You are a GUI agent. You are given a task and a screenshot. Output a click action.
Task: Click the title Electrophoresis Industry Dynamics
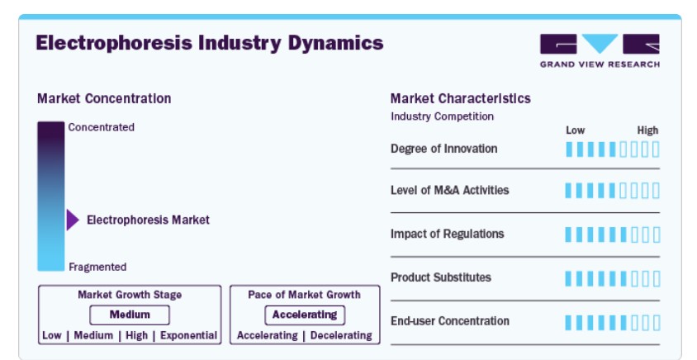coord(210,44)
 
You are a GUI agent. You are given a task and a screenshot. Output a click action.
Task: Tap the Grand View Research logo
coord(600,50)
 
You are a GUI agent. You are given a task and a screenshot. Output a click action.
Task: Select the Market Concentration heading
coord(104,98)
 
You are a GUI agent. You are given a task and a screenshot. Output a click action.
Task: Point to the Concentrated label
coord(101,127)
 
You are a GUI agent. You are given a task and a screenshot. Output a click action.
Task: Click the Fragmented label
coord(97,267)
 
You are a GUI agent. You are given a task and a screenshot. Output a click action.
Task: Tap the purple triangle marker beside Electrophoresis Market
coord(73,220)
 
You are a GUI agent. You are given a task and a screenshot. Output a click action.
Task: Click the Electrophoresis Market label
coord(148,220)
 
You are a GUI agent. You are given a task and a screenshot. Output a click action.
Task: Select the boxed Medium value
coord(130,315)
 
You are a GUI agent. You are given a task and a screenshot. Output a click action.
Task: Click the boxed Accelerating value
coord(305,315)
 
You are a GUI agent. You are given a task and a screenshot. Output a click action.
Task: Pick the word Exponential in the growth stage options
coord(188,335)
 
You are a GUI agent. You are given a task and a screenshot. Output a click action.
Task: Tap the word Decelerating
coord(341,335)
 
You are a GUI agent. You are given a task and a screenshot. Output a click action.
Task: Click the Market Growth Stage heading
coord(130,295)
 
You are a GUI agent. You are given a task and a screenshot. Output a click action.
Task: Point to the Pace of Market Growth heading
coord(304,295)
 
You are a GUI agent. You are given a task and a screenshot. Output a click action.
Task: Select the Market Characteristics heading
coord(461,98)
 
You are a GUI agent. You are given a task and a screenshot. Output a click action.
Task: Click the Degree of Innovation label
coord(443,149)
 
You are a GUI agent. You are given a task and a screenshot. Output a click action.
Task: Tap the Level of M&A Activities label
coord(449,190)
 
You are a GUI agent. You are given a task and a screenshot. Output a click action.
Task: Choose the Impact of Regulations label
coord(447,234)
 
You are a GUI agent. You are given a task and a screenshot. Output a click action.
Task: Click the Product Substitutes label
coord(440,277)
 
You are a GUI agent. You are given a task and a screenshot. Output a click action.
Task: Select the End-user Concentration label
coord(450,321)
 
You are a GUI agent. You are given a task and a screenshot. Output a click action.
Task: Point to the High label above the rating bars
coord(647,130)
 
